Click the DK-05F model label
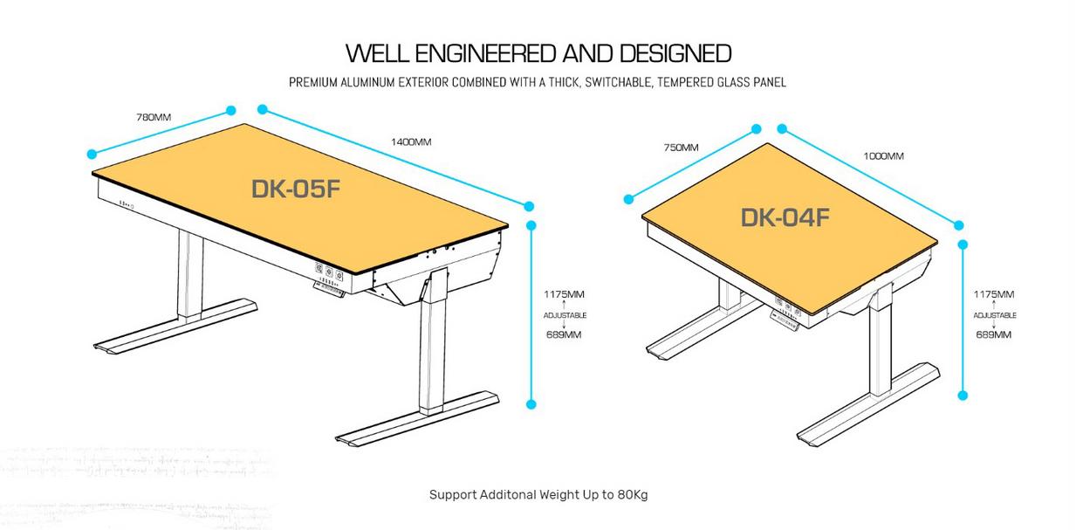coord(294,189)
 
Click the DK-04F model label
coord(785,217)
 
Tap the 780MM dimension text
coord(154,117)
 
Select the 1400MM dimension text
coord(411,141)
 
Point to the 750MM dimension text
coord(681,148)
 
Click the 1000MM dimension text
coord(883,156)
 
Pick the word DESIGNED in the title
coord(675,52)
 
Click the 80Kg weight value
coord(632,494)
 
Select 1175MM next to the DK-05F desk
coord(565,294)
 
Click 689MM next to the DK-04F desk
coord(994,334)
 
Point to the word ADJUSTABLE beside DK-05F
coord(565,315)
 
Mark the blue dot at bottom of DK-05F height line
coord(531,404)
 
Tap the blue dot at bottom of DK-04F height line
coord(963,396)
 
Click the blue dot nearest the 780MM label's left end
coord(92,155)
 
